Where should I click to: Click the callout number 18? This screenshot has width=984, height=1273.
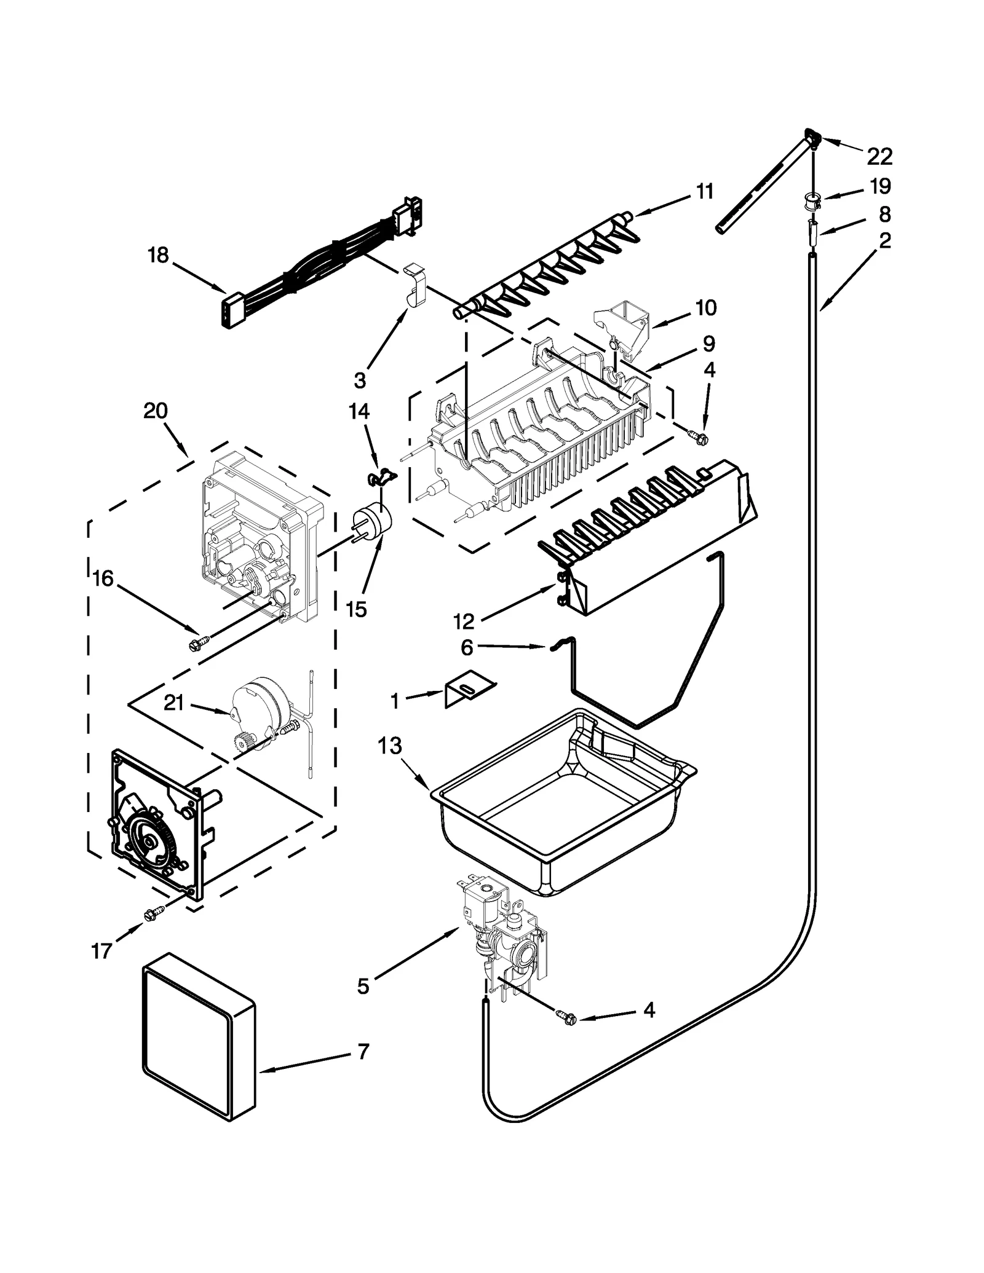tap(158, 254)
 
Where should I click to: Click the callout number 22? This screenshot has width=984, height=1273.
tap(879, 157)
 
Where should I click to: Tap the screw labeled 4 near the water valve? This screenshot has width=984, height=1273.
tap(566, 1017)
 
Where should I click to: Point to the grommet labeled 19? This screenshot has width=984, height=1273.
tap(812, 200)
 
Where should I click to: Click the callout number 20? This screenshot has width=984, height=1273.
tap(155, 410)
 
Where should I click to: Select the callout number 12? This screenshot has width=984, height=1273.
tap(464, 621)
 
